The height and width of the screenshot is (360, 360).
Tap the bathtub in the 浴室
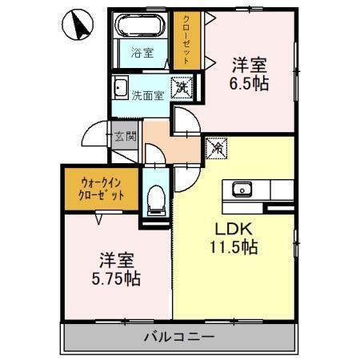[x=140, y=27]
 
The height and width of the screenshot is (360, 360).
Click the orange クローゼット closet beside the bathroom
[x=185, y=39]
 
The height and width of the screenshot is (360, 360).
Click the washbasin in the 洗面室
[x=122, y=87]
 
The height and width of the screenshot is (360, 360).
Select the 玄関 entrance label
[x=125, y=135]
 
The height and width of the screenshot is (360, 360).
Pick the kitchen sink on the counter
[x=242, y=190]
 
